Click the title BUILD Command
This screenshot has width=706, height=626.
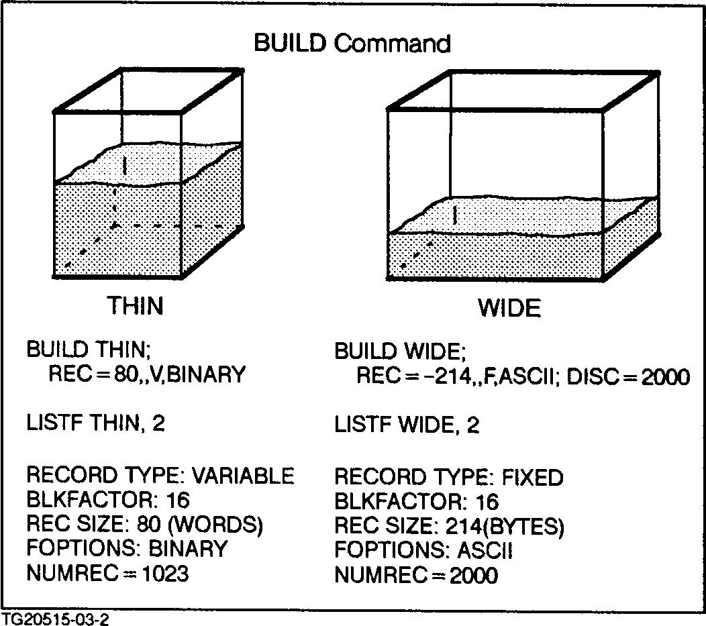352,44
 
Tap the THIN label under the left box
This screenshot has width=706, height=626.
136,306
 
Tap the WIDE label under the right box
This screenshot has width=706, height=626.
509,309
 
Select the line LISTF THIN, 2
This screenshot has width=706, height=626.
95,423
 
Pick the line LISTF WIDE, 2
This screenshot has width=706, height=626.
407,425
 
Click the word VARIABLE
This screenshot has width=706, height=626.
243,476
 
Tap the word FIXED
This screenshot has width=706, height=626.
532,478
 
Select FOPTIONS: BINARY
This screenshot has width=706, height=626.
127,549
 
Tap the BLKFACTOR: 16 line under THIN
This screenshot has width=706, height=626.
108,500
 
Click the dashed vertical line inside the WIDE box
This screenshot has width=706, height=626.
456,215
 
